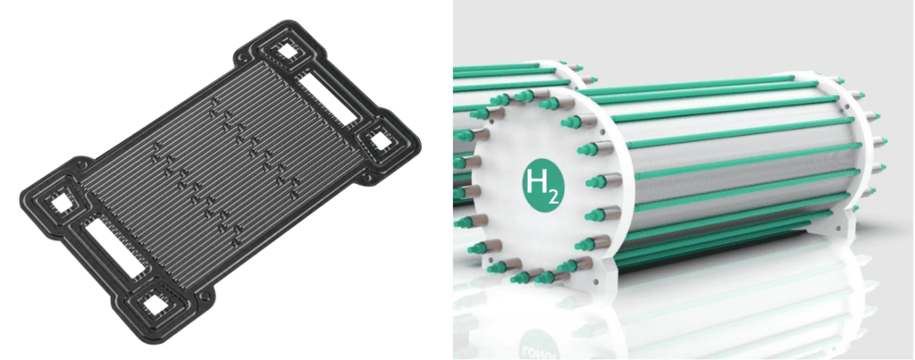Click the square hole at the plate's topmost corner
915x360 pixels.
[287, 52]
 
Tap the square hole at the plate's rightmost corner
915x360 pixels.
[381, 140]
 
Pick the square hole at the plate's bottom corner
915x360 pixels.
[155, 304]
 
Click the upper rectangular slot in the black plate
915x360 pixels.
[327, 96]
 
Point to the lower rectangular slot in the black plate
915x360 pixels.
[114, 247]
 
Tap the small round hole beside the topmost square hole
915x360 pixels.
[241, 58]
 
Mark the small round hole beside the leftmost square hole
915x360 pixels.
[82, 166]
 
